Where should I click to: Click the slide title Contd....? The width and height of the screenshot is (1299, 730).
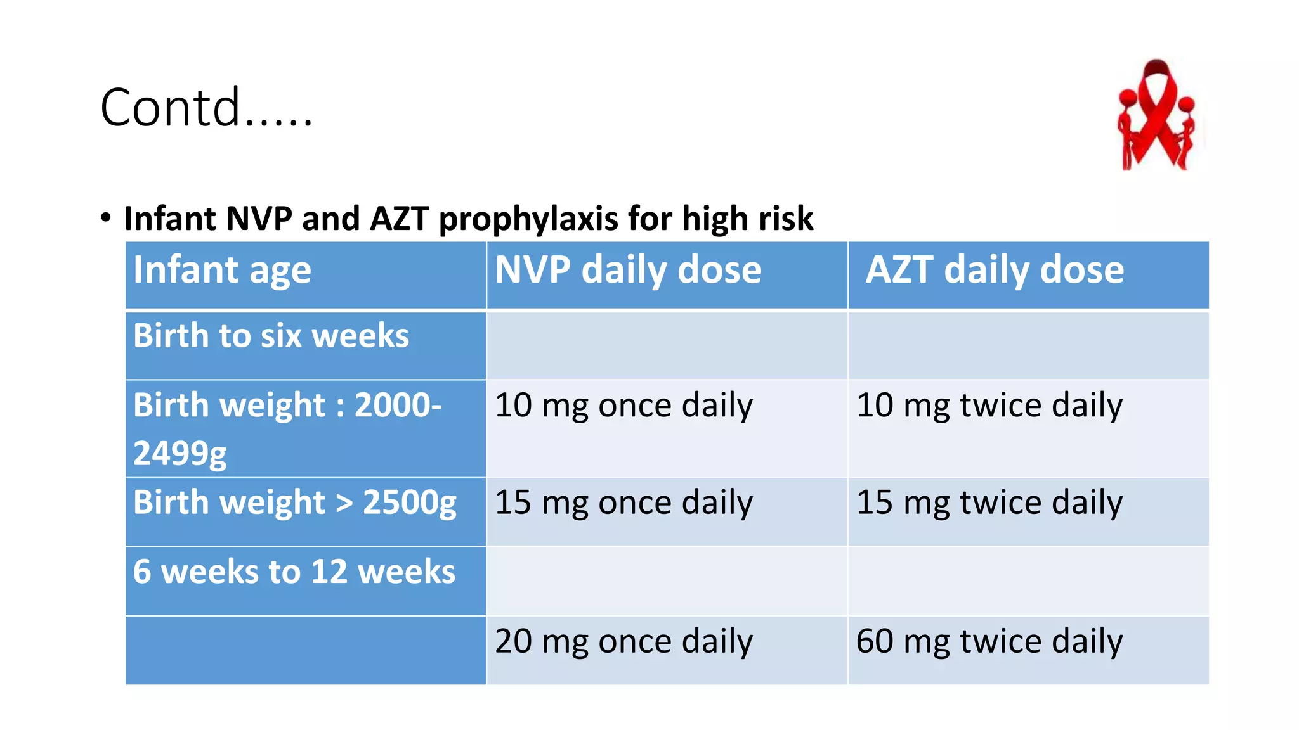(x=206, y=108)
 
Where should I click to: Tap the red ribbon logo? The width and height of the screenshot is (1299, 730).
(x=1157, y=115)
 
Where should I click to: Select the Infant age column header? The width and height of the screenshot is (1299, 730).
(x=222, y=271)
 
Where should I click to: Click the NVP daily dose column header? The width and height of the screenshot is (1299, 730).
(x=628, y=271)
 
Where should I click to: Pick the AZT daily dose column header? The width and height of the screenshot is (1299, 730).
(x=995, y=271)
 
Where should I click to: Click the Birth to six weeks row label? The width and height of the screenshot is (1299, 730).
(x=271, y=336)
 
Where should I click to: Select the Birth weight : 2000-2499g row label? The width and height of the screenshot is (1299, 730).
(x=287, y=428)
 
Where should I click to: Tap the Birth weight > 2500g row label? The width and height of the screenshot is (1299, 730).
(x=294, y=503)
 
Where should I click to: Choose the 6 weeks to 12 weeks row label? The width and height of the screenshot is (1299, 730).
(x=294, y=572)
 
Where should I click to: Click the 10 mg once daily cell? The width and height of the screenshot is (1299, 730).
(x=623, y=406)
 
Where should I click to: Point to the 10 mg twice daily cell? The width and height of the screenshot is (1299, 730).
(x=989, y=406)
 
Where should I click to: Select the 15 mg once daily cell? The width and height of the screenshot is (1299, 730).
(x=623, y=503)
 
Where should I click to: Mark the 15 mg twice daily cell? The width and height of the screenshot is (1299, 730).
(x=989, y=503)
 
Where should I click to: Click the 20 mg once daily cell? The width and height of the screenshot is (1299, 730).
(x=623, y=641)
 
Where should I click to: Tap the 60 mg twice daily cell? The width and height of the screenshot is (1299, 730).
(x=989, y=641)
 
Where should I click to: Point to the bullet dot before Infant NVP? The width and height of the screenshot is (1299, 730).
(x=106, y=217)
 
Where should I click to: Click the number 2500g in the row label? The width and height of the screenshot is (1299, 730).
(x=409, y=503)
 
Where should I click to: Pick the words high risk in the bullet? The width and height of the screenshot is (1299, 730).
(x=747, y=219)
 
